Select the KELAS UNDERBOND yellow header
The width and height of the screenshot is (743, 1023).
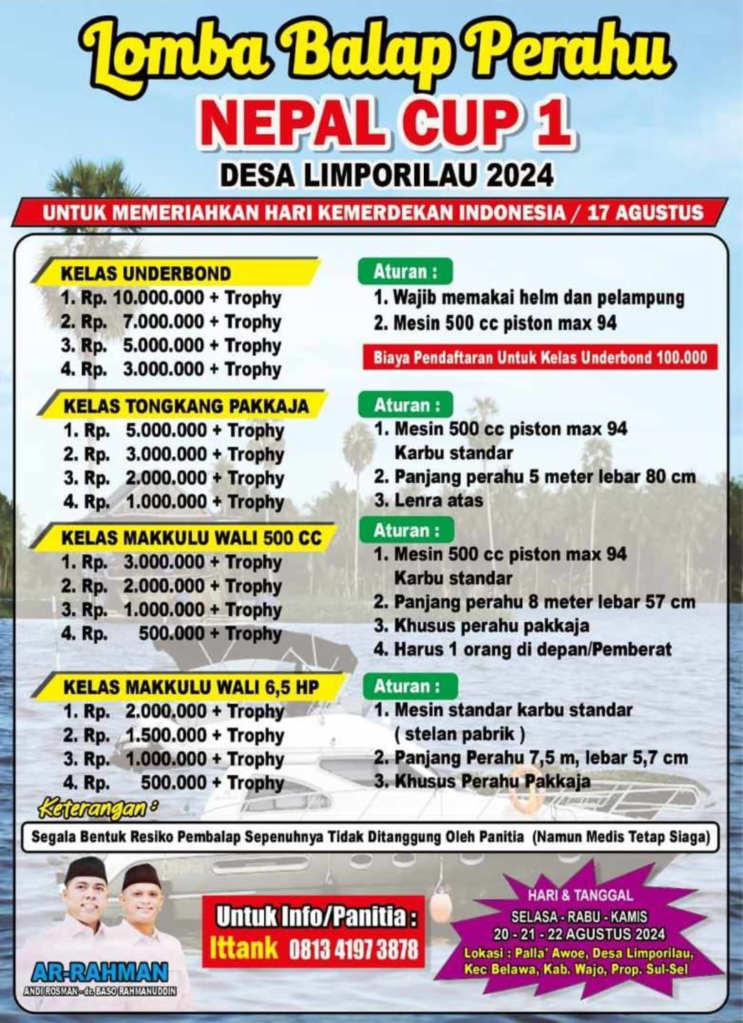click(x=146, y=273)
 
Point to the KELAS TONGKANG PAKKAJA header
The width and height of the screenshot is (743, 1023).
click(x=186, y=405)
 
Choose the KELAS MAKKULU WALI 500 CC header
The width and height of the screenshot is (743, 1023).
click(x=191, y=538)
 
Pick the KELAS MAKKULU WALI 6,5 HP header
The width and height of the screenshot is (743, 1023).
click(x=191, y=687)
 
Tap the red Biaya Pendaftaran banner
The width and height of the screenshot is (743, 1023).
click(x=540, y=357)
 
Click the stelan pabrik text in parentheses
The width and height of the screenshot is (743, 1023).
click(x=460, y=734)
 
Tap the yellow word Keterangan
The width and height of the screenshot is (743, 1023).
click(x=95, y=808)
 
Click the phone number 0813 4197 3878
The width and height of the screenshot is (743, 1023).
click(x=353, y=950)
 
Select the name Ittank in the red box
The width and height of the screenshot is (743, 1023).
click(x=244, y=949)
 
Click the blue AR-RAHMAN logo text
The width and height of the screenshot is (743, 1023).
click(x=100, y=971)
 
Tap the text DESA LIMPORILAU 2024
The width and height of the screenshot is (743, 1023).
click(x=386, y=176)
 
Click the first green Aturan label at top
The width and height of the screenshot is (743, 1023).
click(x=405, y=271)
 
